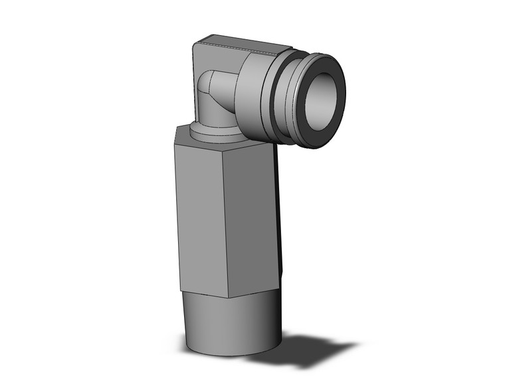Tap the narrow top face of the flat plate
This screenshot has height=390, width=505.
click(x=239, y=44)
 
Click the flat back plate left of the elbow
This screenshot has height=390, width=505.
click(x=197, y=80)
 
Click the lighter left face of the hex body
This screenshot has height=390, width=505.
click(x=202, y=213)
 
